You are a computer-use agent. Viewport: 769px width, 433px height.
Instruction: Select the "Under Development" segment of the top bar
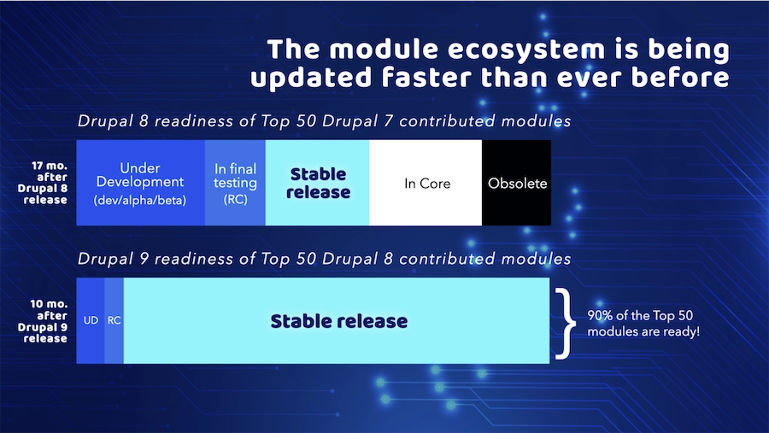point(141,183)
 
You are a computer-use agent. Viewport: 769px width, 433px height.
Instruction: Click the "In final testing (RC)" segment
point(236,183)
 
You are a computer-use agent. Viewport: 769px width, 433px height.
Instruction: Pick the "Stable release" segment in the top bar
point(317,183)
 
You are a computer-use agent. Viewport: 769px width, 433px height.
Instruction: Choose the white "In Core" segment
point(426,183)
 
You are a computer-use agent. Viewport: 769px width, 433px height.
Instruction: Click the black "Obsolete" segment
point(516,183)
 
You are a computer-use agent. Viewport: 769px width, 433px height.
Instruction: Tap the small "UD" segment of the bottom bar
point(91,321)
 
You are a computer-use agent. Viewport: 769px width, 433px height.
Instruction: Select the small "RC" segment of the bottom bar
point(114,321)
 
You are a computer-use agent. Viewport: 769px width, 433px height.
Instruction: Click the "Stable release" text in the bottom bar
point(339,321)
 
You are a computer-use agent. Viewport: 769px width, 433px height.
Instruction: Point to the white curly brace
point(566,323)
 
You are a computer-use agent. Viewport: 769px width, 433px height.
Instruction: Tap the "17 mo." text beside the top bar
point(50,166)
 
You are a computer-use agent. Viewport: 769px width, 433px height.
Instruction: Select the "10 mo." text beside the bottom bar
point(49,304)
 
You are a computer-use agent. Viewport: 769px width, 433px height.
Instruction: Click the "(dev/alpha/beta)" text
point(140,201)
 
